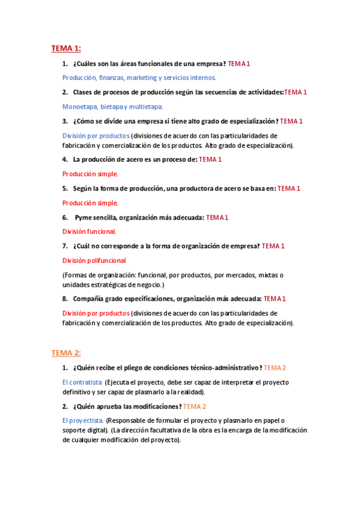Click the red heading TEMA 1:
66,48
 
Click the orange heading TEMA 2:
66,353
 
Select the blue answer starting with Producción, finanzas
139,78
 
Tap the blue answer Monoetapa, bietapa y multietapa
112,106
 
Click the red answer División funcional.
89,232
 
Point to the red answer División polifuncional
94,260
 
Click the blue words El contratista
82,382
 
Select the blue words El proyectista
83,420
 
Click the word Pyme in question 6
84,217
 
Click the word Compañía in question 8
90,298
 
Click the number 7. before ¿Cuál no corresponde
65,246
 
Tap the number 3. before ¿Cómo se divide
65,121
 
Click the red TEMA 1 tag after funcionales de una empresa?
239,63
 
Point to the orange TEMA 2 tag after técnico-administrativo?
275,367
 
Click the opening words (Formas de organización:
100,275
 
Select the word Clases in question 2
84,92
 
